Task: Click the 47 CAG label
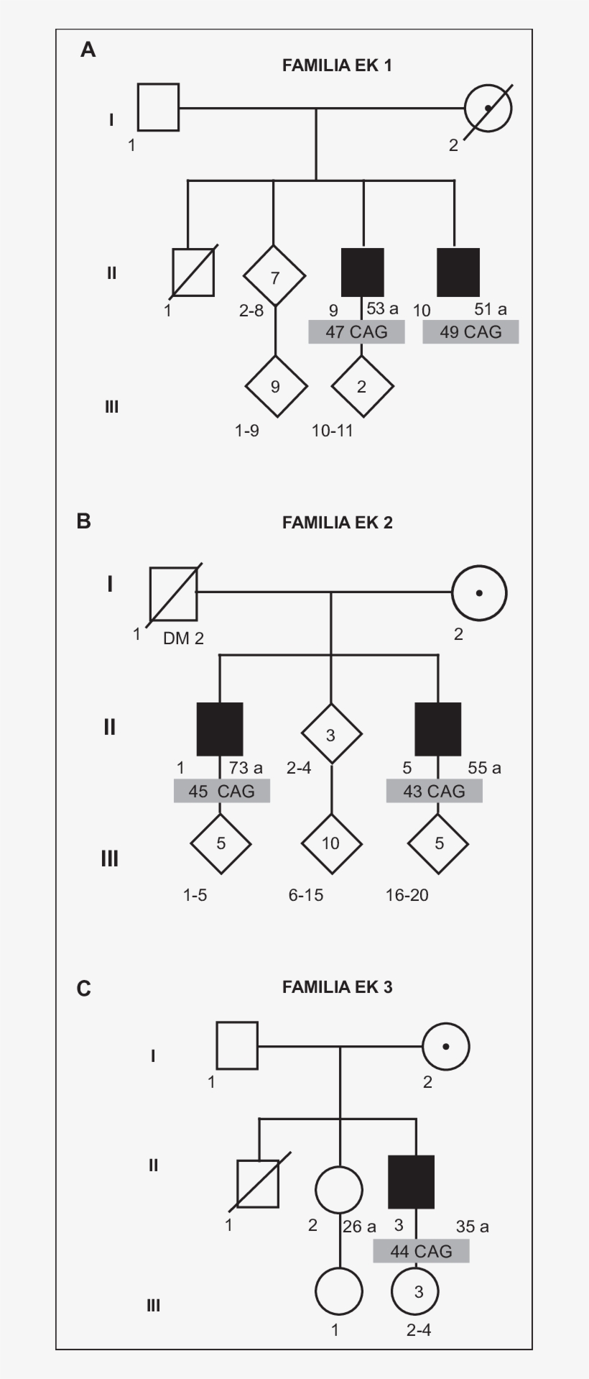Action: (x=356, y=332)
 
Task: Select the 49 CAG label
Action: (x=470, y=332)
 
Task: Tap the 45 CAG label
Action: (x=221, y=791)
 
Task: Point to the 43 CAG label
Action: (x=434, y=791)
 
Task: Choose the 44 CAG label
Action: (x=421, y=1251)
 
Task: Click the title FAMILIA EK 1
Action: (x=337, y=65)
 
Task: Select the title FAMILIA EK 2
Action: (x=337, y=523)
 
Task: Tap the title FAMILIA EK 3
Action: (x=337, y=987)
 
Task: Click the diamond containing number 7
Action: (x=274, y=277)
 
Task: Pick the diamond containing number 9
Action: (x=275, y=387)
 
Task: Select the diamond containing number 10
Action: (x=330, y=843)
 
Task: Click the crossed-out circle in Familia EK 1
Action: (x=488, y=109)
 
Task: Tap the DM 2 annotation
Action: (x=183, y=638)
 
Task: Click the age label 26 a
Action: (x=359, y=1226)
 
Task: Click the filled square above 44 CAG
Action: (x=411, y=1182)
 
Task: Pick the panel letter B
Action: (x=84, y=521)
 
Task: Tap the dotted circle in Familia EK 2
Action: (x=479, y=593)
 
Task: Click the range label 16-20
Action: (x=407, y=894)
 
